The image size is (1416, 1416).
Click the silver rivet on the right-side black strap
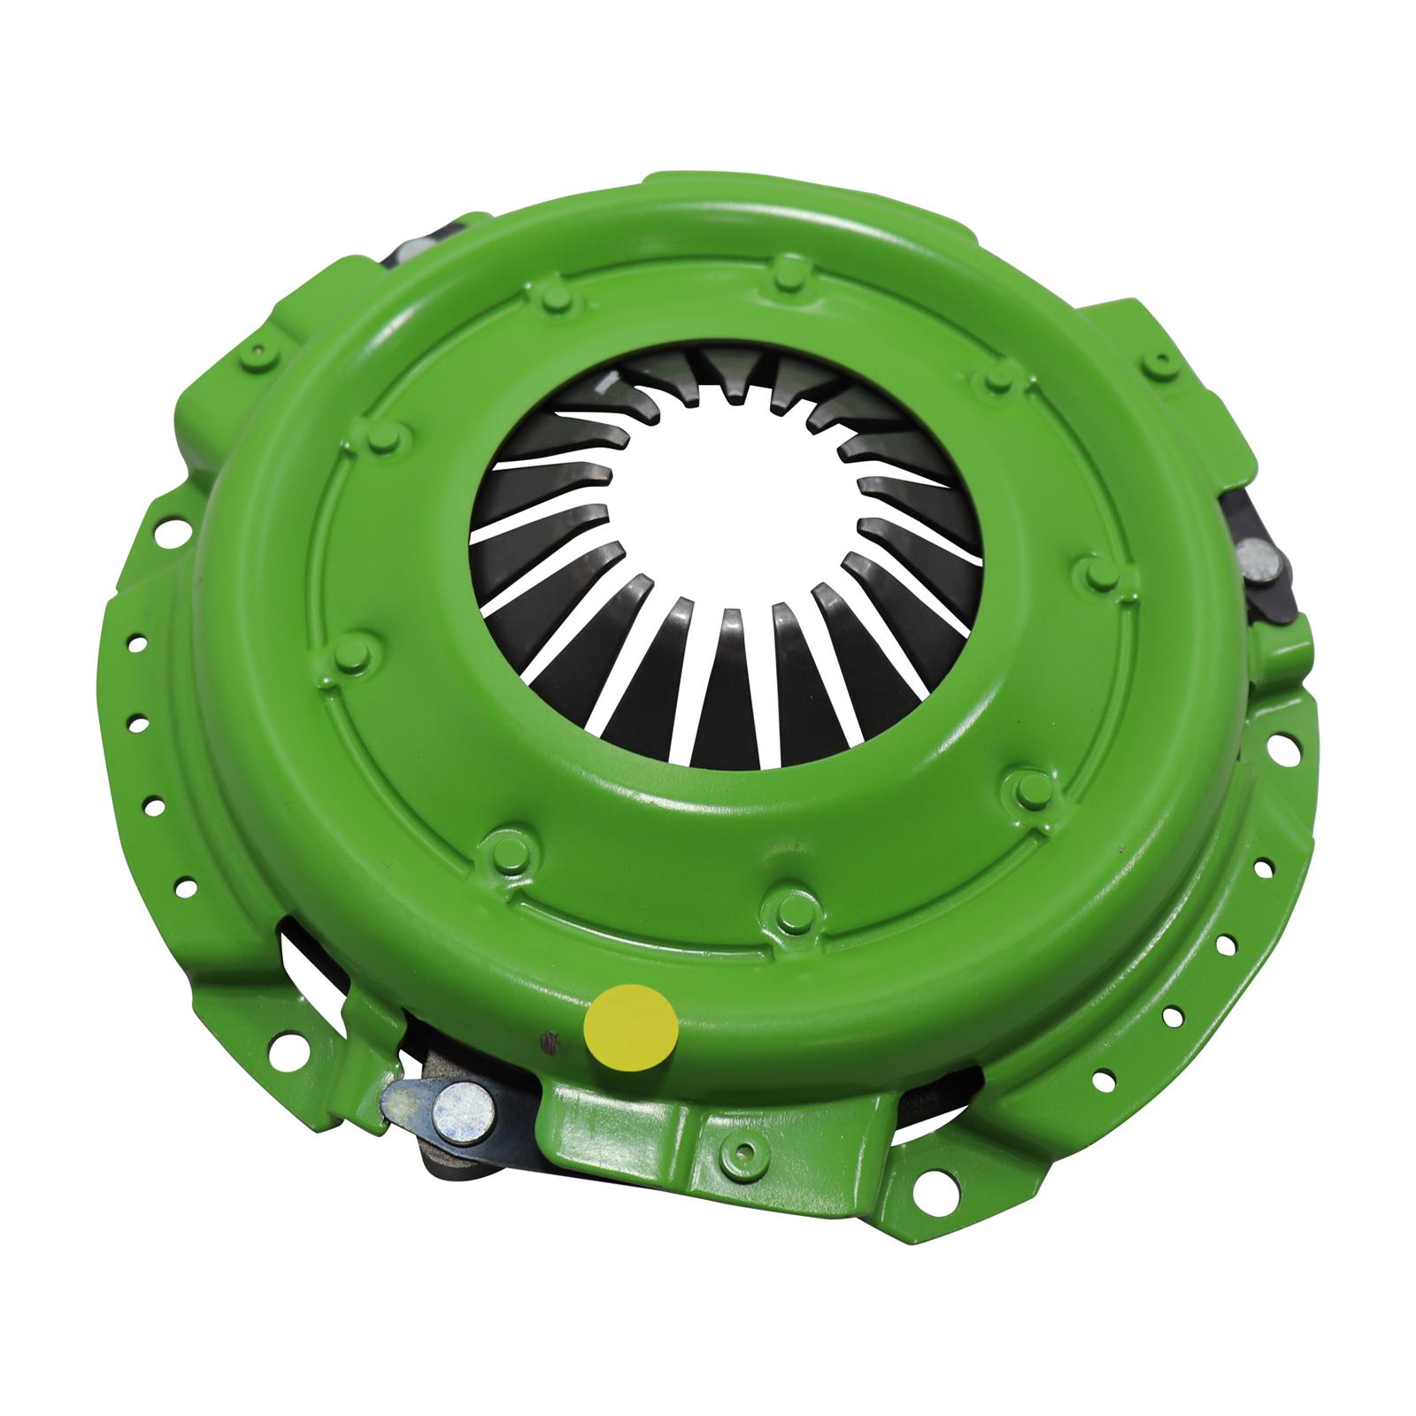click(x=1254, y=559)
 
